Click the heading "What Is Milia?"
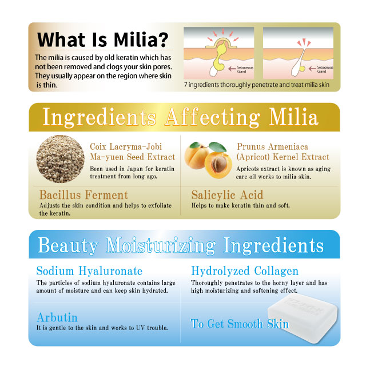[x=103, y=39]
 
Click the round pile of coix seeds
[x=60, y=159]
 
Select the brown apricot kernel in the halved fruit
[x=218, y=164]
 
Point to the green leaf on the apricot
[x=217, y=147]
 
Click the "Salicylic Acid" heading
[x=227, y=195]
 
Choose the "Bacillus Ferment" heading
[x=83, y=195]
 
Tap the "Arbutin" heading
[x=57, y=317]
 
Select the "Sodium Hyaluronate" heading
[x=89, y=271]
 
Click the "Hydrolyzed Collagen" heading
[x=245, y=271]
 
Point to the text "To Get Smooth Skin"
[x=240, y=324]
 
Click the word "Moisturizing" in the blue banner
[x=161, y=245]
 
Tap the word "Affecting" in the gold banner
[x=212, y=117]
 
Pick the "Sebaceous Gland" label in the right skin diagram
[x=325, y=69]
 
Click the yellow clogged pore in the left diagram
[x=220, y=53]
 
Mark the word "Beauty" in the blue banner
[x=68, y=245]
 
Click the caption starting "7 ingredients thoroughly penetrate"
[x=257, y=85]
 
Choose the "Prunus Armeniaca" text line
[x=272, y=147]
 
